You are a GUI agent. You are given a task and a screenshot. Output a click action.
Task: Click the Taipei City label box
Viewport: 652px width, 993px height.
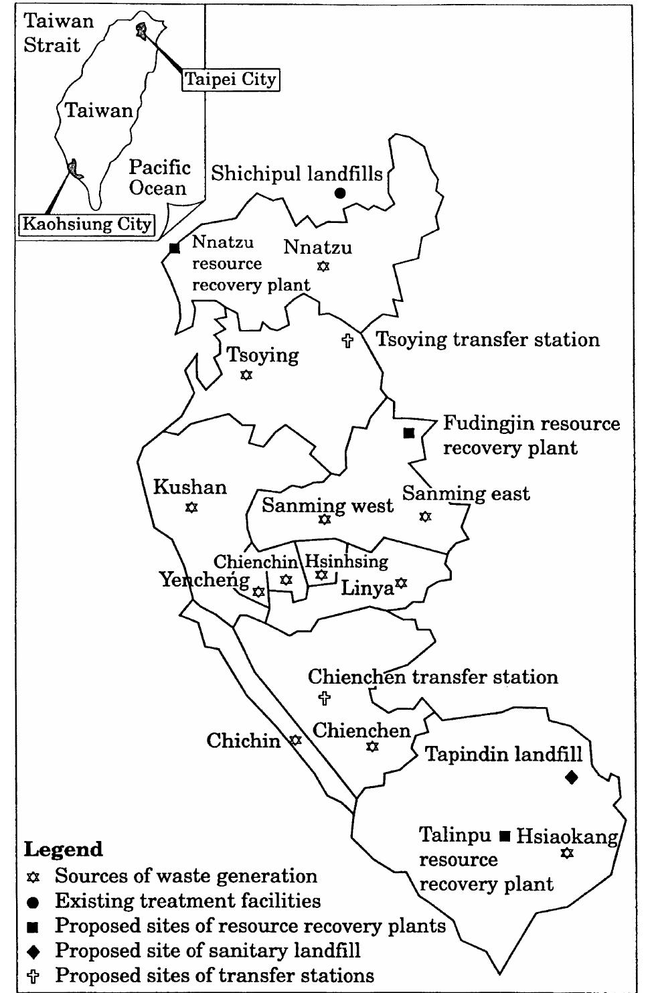point(230,80)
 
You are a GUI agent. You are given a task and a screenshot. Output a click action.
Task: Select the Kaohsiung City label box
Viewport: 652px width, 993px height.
point(87,224)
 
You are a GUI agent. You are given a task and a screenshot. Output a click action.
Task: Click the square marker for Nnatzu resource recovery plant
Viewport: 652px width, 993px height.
point(175,248)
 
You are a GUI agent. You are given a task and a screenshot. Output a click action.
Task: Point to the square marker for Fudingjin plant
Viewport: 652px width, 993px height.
point(408,433)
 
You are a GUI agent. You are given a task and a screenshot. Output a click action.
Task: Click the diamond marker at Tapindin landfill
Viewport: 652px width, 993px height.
point(571,777)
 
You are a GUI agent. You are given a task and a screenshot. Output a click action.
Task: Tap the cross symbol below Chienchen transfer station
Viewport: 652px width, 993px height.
point(324,698)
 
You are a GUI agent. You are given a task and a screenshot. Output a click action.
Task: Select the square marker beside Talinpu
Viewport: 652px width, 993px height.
point(505,835)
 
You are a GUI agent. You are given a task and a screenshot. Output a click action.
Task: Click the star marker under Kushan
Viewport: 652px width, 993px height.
point(191,508)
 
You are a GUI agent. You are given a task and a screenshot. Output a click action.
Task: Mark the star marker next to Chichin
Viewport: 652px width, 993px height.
point(295,741)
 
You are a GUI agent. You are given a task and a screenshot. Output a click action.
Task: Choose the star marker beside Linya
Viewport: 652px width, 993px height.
point(401,583)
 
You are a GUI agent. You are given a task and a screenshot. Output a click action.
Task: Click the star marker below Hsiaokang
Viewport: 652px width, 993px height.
point(567,853)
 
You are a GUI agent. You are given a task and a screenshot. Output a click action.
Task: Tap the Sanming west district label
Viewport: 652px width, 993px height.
point(327,506)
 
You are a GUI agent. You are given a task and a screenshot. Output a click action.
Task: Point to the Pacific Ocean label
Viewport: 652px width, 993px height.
point(159,177)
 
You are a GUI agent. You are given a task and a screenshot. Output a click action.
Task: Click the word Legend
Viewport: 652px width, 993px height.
point(64,849)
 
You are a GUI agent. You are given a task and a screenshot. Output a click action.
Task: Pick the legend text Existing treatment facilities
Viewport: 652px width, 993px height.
point(187,901)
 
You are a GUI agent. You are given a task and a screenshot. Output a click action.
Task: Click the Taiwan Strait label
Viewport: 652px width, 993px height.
point(59,33)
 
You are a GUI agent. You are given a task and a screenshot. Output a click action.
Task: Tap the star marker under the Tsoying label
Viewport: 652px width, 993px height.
point(246,376)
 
